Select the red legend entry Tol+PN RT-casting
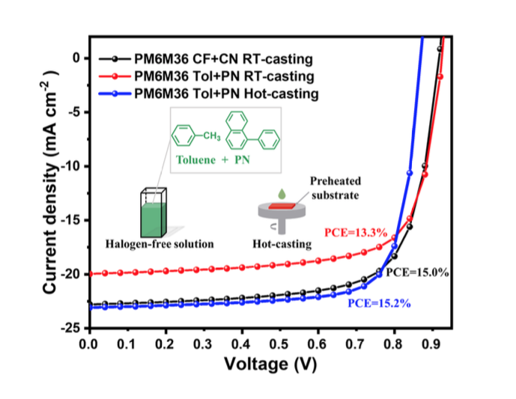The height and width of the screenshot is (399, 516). (x=225, y=76)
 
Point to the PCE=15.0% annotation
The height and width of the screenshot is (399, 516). (x=417, y=272)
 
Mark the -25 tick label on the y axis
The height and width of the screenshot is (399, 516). (x=68, y=328)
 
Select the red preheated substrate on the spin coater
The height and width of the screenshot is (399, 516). (x=281, y=204)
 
